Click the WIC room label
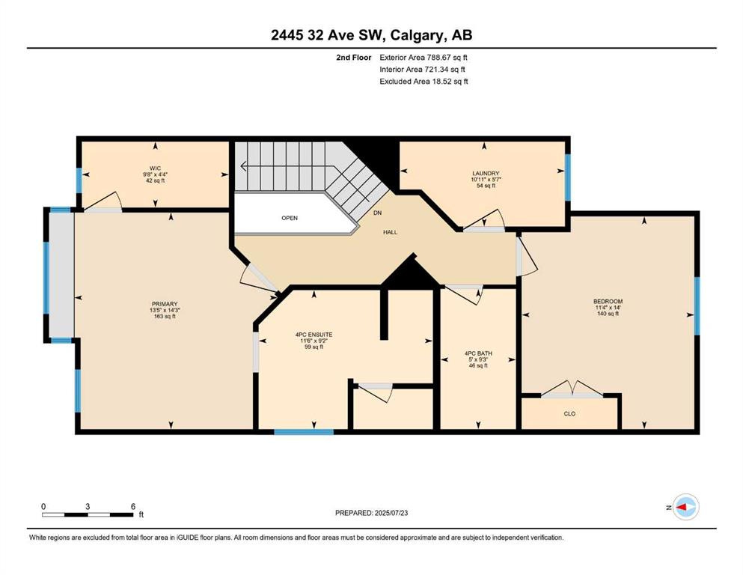pos(155,168)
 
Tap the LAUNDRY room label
pos(486,174)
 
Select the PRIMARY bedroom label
pos(165,304)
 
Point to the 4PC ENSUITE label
pos(314,335)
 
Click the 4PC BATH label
pos(478,353)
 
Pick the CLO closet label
pos(569,414)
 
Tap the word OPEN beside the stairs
pos(290,218)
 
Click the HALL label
pos(391,232)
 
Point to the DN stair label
pos(377,213)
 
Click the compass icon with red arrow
pos(685,507)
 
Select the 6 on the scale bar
pos(133,506)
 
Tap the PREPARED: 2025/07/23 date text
pos(371,513)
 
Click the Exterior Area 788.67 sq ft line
pos(424,58)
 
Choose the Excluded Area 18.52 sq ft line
pos(424,81)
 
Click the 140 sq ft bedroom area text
pos(608,314)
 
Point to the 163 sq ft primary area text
pos(165,316)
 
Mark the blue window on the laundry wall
pos(568,177)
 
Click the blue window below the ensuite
pos(304,432)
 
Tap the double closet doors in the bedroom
pos(572,389)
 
